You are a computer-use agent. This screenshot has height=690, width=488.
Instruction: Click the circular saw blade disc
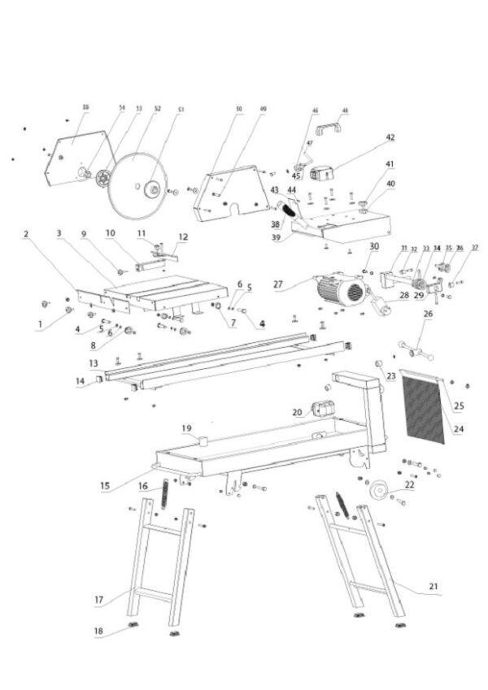[x=137, y=185]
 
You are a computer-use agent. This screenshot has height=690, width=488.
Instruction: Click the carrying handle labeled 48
[x=332, y=125]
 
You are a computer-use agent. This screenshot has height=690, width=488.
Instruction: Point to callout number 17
[x=98, y=601]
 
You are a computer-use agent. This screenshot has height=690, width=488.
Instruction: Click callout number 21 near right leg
[x=433, y=585]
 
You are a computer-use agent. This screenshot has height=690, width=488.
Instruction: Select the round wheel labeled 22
[x=378, y=493]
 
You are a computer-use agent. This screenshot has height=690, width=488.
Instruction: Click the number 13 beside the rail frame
[x=94, y=362]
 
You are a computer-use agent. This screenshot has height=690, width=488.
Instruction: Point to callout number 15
[x=105, y=486]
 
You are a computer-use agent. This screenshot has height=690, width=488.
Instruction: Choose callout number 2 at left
[x=26, y=234]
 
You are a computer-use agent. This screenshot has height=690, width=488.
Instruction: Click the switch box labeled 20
[x=325, y=410]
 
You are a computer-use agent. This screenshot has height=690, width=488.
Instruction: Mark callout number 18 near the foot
[x=98, y=631]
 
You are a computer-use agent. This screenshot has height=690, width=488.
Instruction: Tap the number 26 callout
[x=428, y=314]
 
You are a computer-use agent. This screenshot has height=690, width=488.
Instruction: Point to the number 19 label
[x=186, y=427]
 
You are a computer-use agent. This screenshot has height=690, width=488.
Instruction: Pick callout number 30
[x=374, y=245]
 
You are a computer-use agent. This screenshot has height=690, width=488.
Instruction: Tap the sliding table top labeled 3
[x=167, y=289]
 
